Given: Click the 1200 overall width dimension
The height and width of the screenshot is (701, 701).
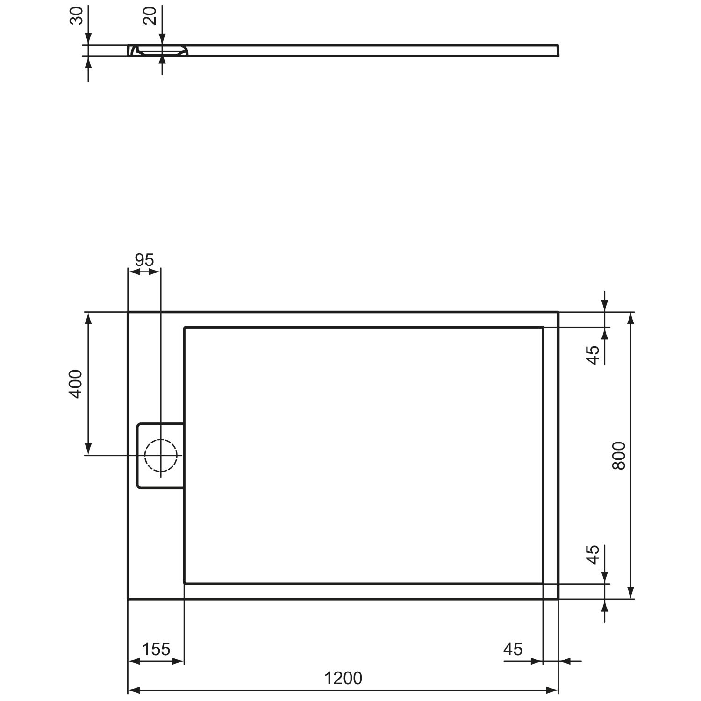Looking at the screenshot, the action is [x=343, y=678].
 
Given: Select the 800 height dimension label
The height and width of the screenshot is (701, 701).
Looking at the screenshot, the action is [x=618, y=456].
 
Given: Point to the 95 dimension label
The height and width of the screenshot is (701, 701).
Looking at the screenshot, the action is [x=144, y=260].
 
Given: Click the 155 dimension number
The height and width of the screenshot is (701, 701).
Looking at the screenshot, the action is [x=156, y=649].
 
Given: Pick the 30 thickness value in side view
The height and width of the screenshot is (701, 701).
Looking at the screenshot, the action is [x=76, y=16].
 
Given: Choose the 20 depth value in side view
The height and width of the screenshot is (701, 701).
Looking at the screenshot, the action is [x=149, y=16].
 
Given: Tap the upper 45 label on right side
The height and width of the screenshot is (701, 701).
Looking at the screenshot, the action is [x=593, y=355].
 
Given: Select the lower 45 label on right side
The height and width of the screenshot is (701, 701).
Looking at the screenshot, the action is [x=593, y=554].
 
